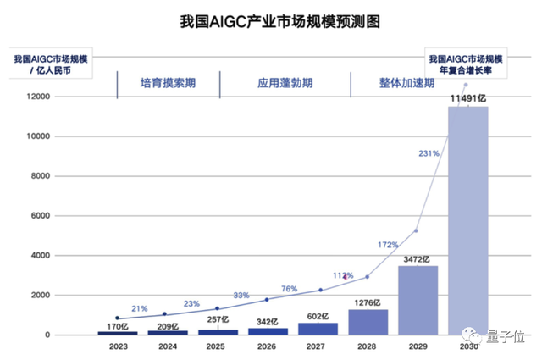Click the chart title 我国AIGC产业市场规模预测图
(270, 19)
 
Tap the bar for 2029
(418, 301)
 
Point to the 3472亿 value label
(418, 258)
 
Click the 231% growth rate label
(429, 153)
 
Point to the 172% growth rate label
(388, 245)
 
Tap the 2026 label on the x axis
(267, 346)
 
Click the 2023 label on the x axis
(118, 346)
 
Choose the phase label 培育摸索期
(168, 84)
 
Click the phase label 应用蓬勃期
(285, 84)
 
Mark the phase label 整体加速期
(406, 84)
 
